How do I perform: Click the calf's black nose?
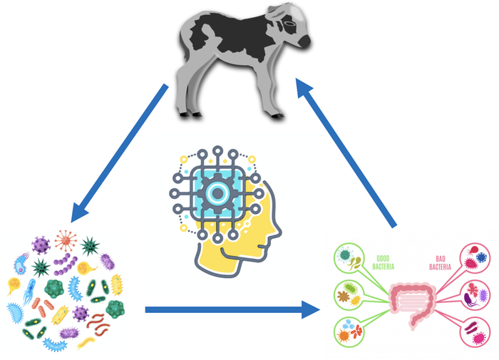pos(304,41)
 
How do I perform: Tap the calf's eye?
pos(289,24)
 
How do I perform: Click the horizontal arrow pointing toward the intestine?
pos(232,309)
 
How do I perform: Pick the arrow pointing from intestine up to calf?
pos(346,153)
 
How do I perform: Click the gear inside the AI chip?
pos(217,193)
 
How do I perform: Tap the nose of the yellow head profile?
pos(277,230)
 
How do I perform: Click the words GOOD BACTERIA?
pos(384,262)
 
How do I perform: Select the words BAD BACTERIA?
pos(440,263)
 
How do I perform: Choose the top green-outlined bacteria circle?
pos(349,258)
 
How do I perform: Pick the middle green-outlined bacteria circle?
pos(349,295)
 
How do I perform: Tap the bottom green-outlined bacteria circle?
pos(349,332)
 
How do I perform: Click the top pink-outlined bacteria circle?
pos(475,258)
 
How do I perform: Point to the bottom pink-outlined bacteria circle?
pos(475,332)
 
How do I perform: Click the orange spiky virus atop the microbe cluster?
pos(66,241)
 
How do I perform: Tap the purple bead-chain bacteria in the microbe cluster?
pos(65,264)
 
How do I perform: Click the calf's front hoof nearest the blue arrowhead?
pos(277,116)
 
